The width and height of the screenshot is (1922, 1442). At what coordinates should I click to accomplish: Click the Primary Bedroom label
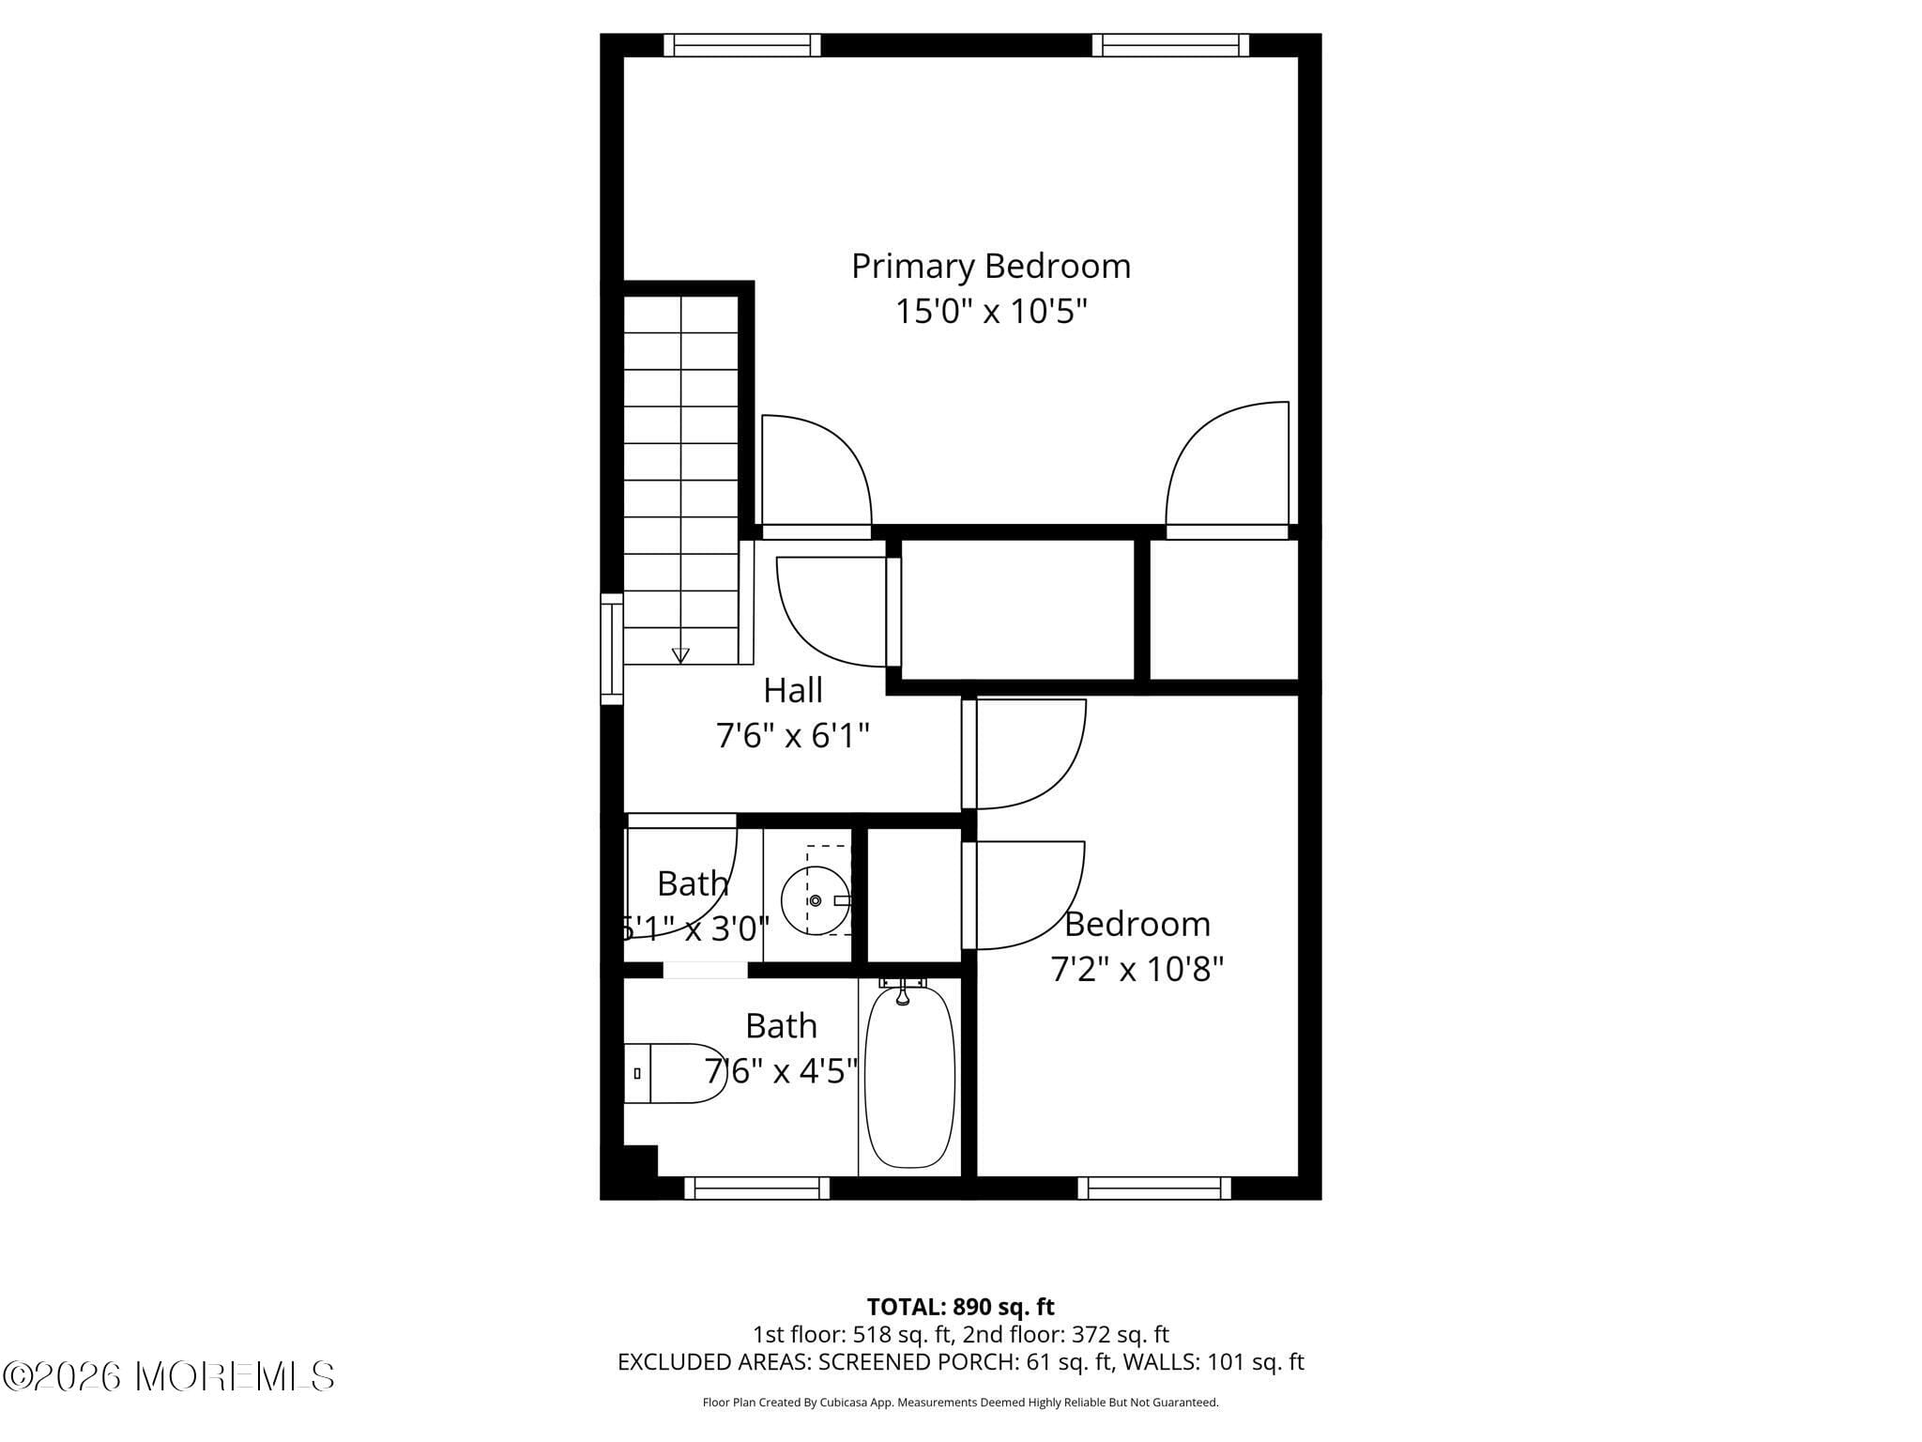[x=990, y=267]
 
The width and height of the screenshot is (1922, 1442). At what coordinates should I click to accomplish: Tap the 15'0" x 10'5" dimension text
[x=990, y=312]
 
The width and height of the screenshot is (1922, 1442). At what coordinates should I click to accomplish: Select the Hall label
[x=793, y=691]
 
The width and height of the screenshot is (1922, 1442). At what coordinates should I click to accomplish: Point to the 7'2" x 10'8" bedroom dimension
[x=1136, y=969]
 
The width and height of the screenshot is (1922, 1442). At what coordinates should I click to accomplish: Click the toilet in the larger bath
[x=674, y=1072]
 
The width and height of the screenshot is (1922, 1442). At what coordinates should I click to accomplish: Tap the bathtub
[x=908, y=1077]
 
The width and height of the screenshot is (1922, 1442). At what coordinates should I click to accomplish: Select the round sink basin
[x=815, y=900]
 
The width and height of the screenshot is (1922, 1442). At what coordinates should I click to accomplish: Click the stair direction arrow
[x=680, y=655]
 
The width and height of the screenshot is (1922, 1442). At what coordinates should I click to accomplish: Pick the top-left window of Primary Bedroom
[x=741, y=45]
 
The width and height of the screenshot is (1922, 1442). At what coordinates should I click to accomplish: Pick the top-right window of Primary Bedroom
[x=1170, y=45]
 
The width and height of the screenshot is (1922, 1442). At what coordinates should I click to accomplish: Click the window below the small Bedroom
[x=1153, y=1189]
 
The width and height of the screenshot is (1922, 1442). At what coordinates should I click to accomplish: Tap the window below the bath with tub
[x=756, y=1189]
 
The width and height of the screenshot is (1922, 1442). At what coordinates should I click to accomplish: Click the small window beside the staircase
[x=611, y=649]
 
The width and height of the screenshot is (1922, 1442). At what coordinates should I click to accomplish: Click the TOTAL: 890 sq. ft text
[x=960, y=1307]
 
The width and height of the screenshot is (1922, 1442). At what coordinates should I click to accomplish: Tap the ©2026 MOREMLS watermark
[x=169, y=1376]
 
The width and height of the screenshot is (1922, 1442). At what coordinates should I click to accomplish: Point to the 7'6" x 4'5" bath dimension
[x=781, y=1070]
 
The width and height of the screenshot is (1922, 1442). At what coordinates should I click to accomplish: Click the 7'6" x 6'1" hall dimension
[x=793, y=736]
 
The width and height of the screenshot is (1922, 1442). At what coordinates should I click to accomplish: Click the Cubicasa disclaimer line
[x=960, y=1403]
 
